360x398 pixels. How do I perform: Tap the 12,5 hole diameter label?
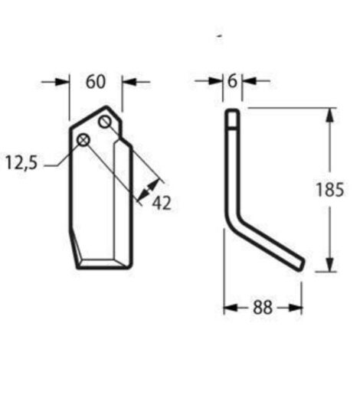(x=24, y=162)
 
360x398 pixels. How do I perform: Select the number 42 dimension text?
(x=162, y=203)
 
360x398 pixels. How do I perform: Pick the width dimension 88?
(x=263, y=307)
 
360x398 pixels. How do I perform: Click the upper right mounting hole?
(x=106, y=122)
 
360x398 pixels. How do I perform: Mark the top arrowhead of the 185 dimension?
(x=329, y=115)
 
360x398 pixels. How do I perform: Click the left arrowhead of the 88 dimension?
(x=229, y=307)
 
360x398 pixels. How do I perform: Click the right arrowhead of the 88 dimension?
(x=296, y=307)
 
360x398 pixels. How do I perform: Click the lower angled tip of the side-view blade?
(x=302, y=263)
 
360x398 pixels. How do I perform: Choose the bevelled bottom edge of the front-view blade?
(x=100, y=263)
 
